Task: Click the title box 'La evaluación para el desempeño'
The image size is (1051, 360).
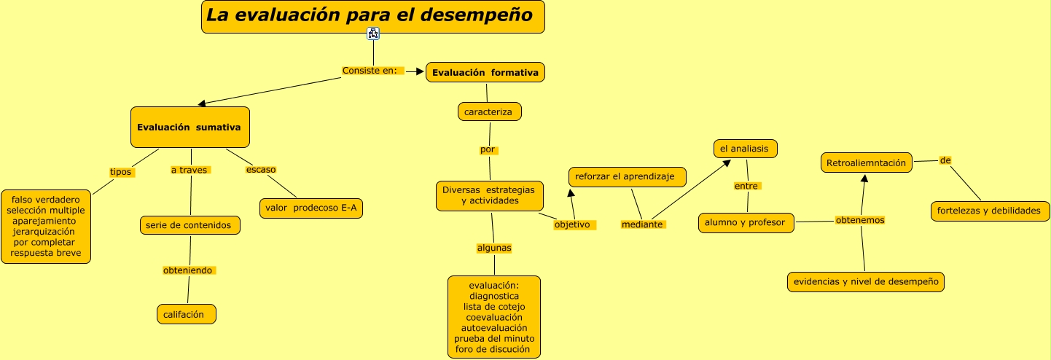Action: click(x=373, y=17)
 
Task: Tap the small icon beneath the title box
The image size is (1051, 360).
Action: click(x=373, y=34)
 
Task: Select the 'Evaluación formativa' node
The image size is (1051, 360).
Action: click(x=485, y=72)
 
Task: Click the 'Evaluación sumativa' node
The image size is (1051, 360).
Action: click(x=190, y=128)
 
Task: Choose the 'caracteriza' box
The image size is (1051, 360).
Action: click(x=489, y=111)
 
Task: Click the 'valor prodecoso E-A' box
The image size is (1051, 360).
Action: click(x=311, y=208)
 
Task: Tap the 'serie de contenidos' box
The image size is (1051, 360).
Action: click(x=190, y=225)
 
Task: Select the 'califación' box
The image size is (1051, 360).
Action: click(x=187, y=315)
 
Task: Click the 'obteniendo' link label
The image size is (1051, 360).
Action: click(x=189, y=270)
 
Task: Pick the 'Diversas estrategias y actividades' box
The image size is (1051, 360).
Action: click(x=489, y=196)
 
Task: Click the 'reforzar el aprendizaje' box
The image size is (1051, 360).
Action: click(x=628, y=177)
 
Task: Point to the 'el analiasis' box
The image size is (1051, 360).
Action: click(x=746, y=149)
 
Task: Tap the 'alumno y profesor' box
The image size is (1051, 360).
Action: click(x=746, y=222)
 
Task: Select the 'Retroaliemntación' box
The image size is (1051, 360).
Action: click(x=867, y=163)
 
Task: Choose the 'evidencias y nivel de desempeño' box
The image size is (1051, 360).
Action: click(x=866, y=281)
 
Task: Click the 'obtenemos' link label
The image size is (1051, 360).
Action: click(x=860, y=220)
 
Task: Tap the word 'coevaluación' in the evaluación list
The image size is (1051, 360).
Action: click(x=494, y=317)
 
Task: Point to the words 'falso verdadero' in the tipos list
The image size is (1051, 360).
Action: click(x=45, y=200)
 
